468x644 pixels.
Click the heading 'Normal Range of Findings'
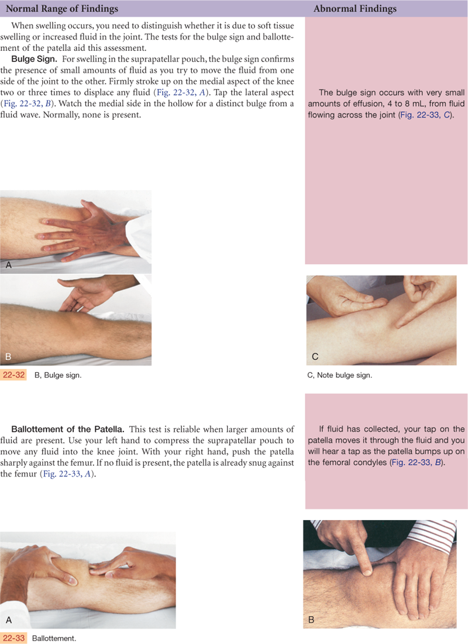tap(61, 9)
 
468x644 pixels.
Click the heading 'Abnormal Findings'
tap(355, 9)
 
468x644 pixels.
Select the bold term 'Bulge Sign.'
tap(34, 58)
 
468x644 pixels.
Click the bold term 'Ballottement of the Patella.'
tap(67, 429)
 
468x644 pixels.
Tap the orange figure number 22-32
tap(13, 374)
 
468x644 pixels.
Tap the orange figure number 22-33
tap(13, 638)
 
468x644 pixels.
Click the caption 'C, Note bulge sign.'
tap(339, 375)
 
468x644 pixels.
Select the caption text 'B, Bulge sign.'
tap(58, 375)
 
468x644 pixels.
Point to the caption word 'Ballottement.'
tap(54, 638)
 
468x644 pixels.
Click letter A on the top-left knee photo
tap(8, 265)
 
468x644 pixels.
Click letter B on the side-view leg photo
tap(8, 356)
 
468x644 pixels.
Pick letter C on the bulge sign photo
tap(315, 356)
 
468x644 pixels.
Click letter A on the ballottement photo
tap(8, 620)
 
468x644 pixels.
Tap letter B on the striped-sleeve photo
tap(311, 619)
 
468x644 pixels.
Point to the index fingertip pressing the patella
tap(367, 570)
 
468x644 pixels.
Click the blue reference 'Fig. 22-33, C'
tap(426, 115)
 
